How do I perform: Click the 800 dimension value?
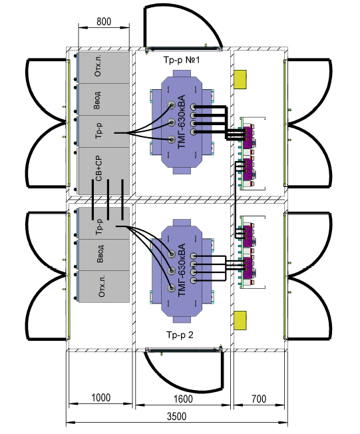(x=104, y=21)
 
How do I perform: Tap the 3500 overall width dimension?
(x=176, y=417)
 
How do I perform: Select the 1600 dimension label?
(x=183, y=399)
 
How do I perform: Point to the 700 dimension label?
(x=259, y=399)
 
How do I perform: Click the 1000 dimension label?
(x=100, y=398)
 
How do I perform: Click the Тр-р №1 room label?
(x=181, y=60)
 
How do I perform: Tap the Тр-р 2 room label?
(x=180, y=335)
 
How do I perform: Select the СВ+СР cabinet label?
(x=98, y=168)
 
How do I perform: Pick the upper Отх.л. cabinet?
(x=104, y=67)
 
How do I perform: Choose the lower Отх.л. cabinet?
(x=104, y=286)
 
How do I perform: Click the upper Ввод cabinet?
(x=104, y=99)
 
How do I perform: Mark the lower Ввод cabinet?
(x=104, y=255)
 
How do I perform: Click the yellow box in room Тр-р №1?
(x=240, y=79)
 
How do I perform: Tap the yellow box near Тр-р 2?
(x=240, y=320)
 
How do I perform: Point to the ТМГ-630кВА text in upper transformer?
(x=181, y=122)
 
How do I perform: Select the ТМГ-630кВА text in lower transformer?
(x=181, y=270)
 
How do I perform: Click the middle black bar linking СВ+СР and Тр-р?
(x=108, y=200)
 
